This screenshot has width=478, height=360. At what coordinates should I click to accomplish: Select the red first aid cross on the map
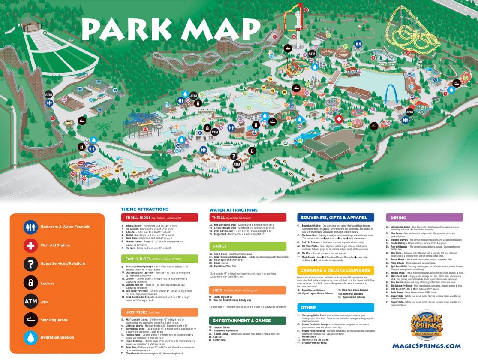pos(339,119)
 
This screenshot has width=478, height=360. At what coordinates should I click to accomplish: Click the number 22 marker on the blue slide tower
pos(145,129)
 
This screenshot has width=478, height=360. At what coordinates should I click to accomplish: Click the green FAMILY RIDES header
pos(159,259)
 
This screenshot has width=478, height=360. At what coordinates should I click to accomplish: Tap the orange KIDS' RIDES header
pos(159,312)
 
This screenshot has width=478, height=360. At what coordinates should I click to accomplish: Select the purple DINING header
pos(424,218)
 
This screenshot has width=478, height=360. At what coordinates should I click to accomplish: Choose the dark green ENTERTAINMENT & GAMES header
pos(247,321)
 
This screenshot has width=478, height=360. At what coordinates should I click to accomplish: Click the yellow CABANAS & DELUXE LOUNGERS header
pos(335,270)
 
